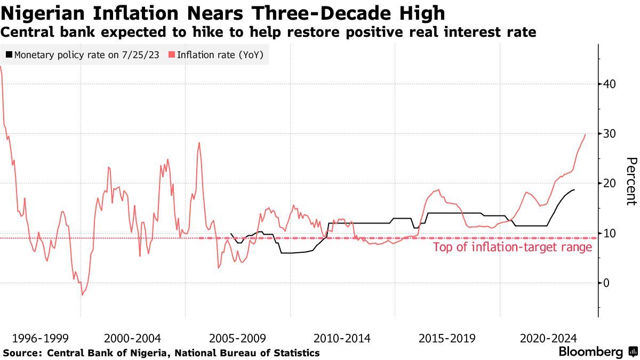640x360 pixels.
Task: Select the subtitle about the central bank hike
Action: (x=268, y=33)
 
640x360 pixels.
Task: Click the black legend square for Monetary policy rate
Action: (x=9, y=54)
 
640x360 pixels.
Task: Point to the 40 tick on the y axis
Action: (x=610, y=84)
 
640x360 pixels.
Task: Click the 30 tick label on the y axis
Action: (x=610, y=133)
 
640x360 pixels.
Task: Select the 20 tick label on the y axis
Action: (x=610, y=183)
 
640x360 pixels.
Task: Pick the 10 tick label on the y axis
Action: (x=610, y=233)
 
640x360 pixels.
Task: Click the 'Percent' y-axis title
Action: (x=631, y=181)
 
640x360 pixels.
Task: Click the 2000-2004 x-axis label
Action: (x=132, y=338)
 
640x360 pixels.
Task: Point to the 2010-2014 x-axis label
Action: (x=342, y=338)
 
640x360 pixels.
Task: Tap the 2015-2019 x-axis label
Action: (x=447, y=338)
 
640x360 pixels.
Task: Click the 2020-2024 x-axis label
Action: (x=548, y=338)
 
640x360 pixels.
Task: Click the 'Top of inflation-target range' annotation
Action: (x=512, y=247)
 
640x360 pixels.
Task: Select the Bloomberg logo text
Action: (x=590, y=352)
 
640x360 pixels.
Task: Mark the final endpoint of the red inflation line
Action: (x=585, y=134)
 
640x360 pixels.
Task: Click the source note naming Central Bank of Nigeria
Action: (x=162, y=353)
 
